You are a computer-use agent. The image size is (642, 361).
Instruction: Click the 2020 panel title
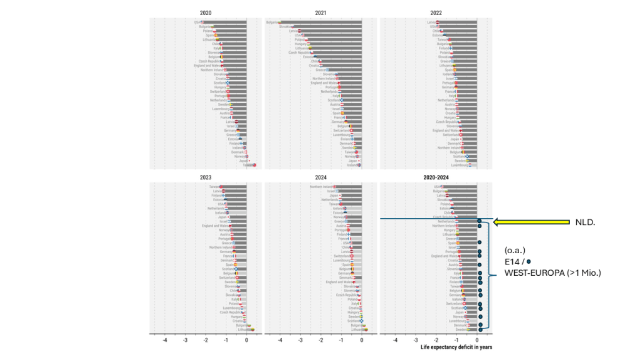coord(205,13)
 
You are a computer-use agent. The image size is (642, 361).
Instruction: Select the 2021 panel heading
coord(320,13)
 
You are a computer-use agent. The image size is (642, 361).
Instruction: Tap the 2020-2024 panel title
coord(436,178)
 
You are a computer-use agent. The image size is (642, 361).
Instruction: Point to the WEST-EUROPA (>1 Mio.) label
coord(552,273)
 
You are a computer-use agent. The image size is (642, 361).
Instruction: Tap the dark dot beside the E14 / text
coord(529,261)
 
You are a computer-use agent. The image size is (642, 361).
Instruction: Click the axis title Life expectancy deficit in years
coord(456,347)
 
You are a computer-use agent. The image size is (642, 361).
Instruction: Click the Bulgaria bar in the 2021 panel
coord(320,23)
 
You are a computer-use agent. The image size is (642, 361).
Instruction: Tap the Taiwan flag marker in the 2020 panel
coord(254,165)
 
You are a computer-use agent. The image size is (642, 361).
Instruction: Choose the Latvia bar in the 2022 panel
coord(457,23)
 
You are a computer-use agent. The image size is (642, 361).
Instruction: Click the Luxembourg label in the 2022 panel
coord(460,165)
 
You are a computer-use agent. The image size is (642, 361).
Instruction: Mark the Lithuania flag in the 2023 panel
coord(251,329)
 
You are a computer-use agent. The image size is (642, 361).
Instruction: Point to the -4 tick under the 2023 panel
coord(165,340)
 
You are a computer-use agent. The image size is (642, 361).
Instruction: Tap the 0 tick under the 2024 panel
coord(362,340)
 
